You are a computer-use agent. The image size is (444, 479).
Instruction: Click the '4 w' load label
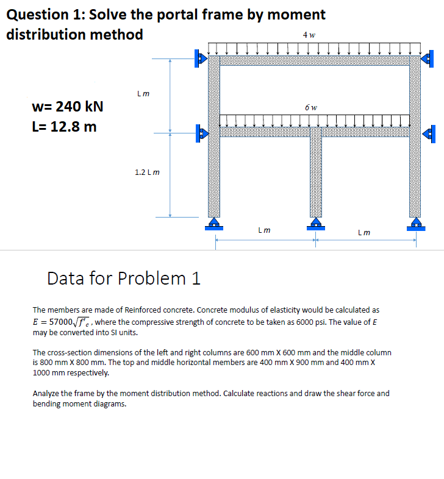tap(309, 34)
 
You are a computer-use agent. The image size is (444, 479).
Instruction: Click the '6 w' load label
tap(309, 107)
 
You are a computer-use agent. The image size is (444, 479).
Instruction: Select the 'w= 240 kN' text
tap(67, 107)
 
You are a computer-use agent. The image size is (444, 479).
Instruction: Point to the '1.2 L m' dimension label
tap(147, 172)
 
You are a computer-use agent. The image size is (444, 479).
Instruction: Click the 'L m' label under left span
tap(264, 230)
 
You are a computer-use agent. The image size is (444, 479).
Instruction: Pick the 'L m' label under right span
tap(363, 232)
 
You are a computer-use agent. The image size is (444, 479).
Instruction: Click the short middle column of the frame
tap(315, 177)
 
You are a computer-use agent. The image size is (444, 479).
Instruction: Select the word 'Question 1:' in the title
tap(45, 14)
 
